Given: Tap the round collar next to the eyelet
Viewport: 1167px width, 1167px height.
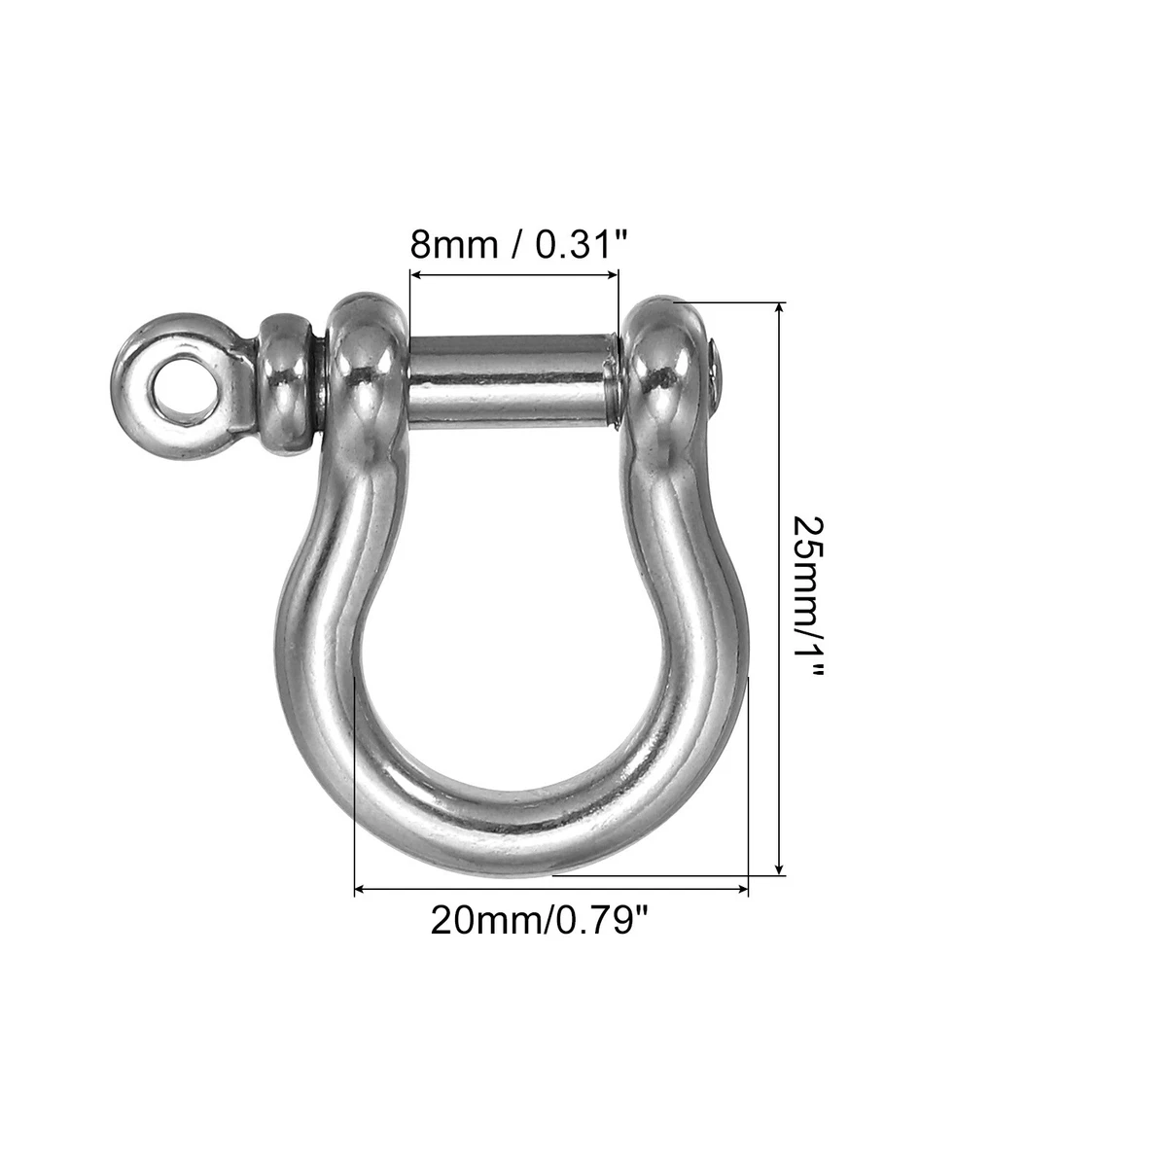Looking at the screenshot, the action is (x=286, y=384).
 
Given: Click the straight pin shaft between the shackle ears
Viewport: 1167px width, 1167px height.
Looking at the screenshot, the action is (x=513, y=380).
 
